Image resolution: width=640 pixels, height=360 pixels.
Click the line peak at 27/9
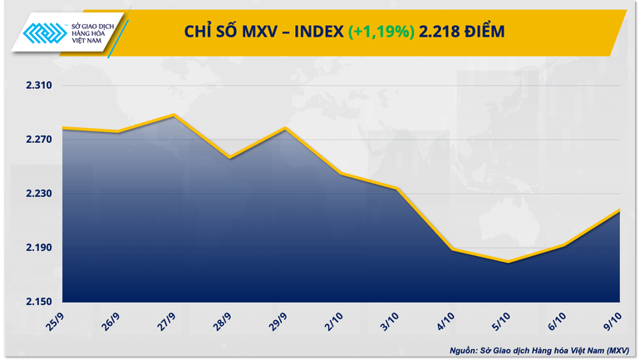pyautogui.click(x=173, y=115)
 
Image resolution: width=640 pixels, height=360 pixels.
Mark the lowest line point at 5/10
pyautogui.click(x=507, y=262)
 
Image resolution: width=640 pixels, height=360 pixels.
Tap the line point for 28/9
pyautogui.click(x=229, y=157)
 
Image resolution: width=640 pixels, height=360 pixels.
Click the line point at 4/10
pyautogui.click(x=451, y=249)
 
